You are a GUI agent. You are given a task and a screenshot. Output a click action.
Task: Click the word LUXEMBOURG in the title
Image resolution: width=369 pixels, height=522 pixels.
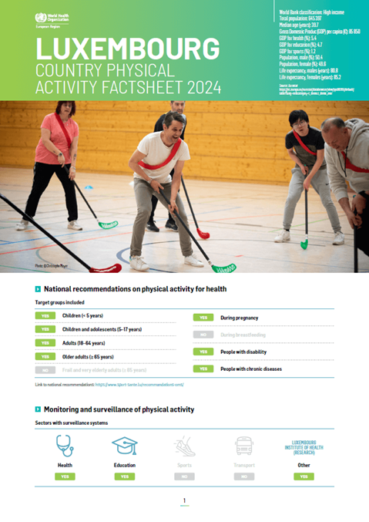tap(127, 50)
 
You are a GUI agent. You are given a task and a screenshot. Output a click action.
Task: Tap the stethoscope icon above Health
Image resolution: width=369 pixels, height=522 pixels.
tap(65, 446)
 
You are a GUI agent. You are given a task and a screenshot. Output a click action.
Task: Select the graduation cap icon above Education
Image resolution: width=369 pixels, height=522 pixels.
tap(124, 446)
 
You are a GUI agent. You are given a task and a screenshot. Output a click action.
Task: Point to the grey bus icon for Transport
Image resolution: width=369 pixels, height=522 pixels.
tap(244, 446)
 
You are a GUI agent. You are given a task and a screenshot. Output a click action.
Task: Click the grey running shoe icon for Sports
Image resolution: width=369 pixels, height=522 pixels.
tap(184, 446)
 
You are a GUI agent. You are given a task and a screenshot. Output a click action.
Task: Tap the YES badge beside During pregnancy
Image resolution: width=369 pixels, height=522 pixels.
tap(203, 317)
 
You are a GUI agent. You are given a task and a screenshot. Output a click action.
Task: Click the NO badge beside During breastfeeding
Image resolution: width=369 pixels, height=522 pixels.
tap(203, 335)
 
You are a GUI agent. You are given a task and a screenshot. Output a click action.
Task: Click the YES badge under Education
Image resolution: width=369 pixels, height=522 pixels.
tap(124, 477)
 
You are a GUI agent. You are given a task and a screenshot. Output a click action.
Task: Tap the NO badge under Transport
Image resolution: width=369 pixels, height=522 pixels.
tap(244, 477)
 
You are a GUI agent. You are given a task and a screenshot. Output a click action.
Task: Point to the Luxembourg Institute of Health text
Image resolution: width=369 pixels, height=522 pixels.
tap(304, 446)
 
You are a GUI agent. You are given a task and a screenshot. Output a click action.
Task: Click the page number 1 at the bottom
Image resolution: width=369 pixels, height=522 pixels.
tap(184, 501)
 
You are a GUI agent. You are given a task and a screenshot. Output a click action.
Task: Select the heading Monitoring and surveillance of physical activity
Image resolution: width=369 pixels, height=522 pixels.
tap(119, 409)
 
